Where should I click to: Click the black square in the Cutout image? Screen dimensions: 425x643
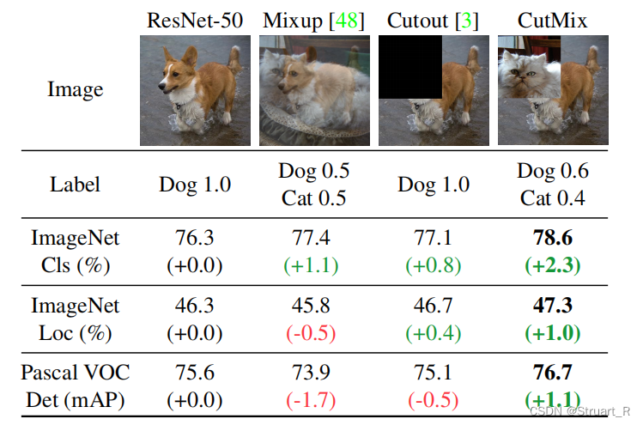click(x=410, y=66)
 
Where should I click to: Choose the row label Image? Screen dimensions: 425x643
click(x=75, y=89)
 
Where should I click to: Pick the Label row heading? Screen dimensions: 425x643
click(x=75, y=184)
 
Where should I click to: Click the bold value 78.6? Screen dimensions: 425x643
click(x=553, y=238)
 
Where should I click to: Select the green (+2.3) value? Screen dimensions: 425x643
click(x=553, y=264)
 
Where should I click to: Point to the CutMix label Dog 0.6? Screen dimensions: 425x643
click(x=553, y=170)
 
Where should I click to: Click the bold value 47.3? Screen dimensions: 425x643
click(x=553, y=306)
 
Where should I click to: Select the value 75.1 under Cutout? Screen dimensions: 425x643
click(x=434, y=373)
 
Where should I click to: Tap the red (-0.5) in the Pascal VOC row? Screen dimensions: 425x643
click(x=434, y=400)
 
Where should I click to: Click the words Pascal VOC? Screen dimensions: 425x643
click(x=75, y=373)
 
